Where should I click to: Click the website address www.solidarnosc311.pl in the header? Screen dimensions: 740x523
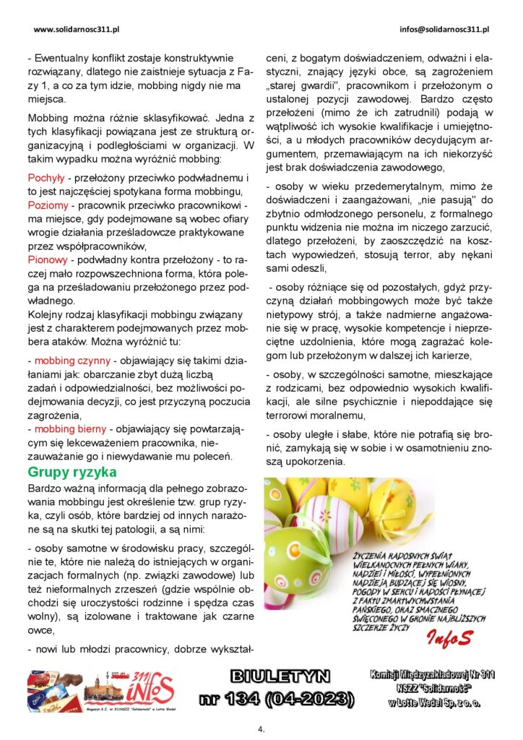coord(76,30)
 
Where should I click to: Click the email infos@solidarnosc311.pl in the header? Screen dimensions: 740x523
coord(444,30)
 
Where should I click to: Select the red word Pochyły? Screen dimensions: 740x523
coord(46,178)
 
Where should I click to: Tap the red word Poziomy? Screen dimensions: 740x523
coord(48,205)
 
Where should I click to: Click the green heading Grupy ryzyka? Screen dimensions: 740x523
coord(72,472)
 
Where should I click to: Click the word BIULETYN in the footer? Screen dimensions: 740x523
coord(280,676)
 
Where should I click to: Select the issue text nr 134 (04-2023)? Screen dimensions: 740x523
coord(277,698)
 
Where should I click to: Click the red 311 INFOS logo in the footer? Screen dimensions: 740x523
coord(150,688)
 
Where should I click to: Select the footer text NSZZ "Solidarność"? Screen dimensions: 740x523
coord(431,688)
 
